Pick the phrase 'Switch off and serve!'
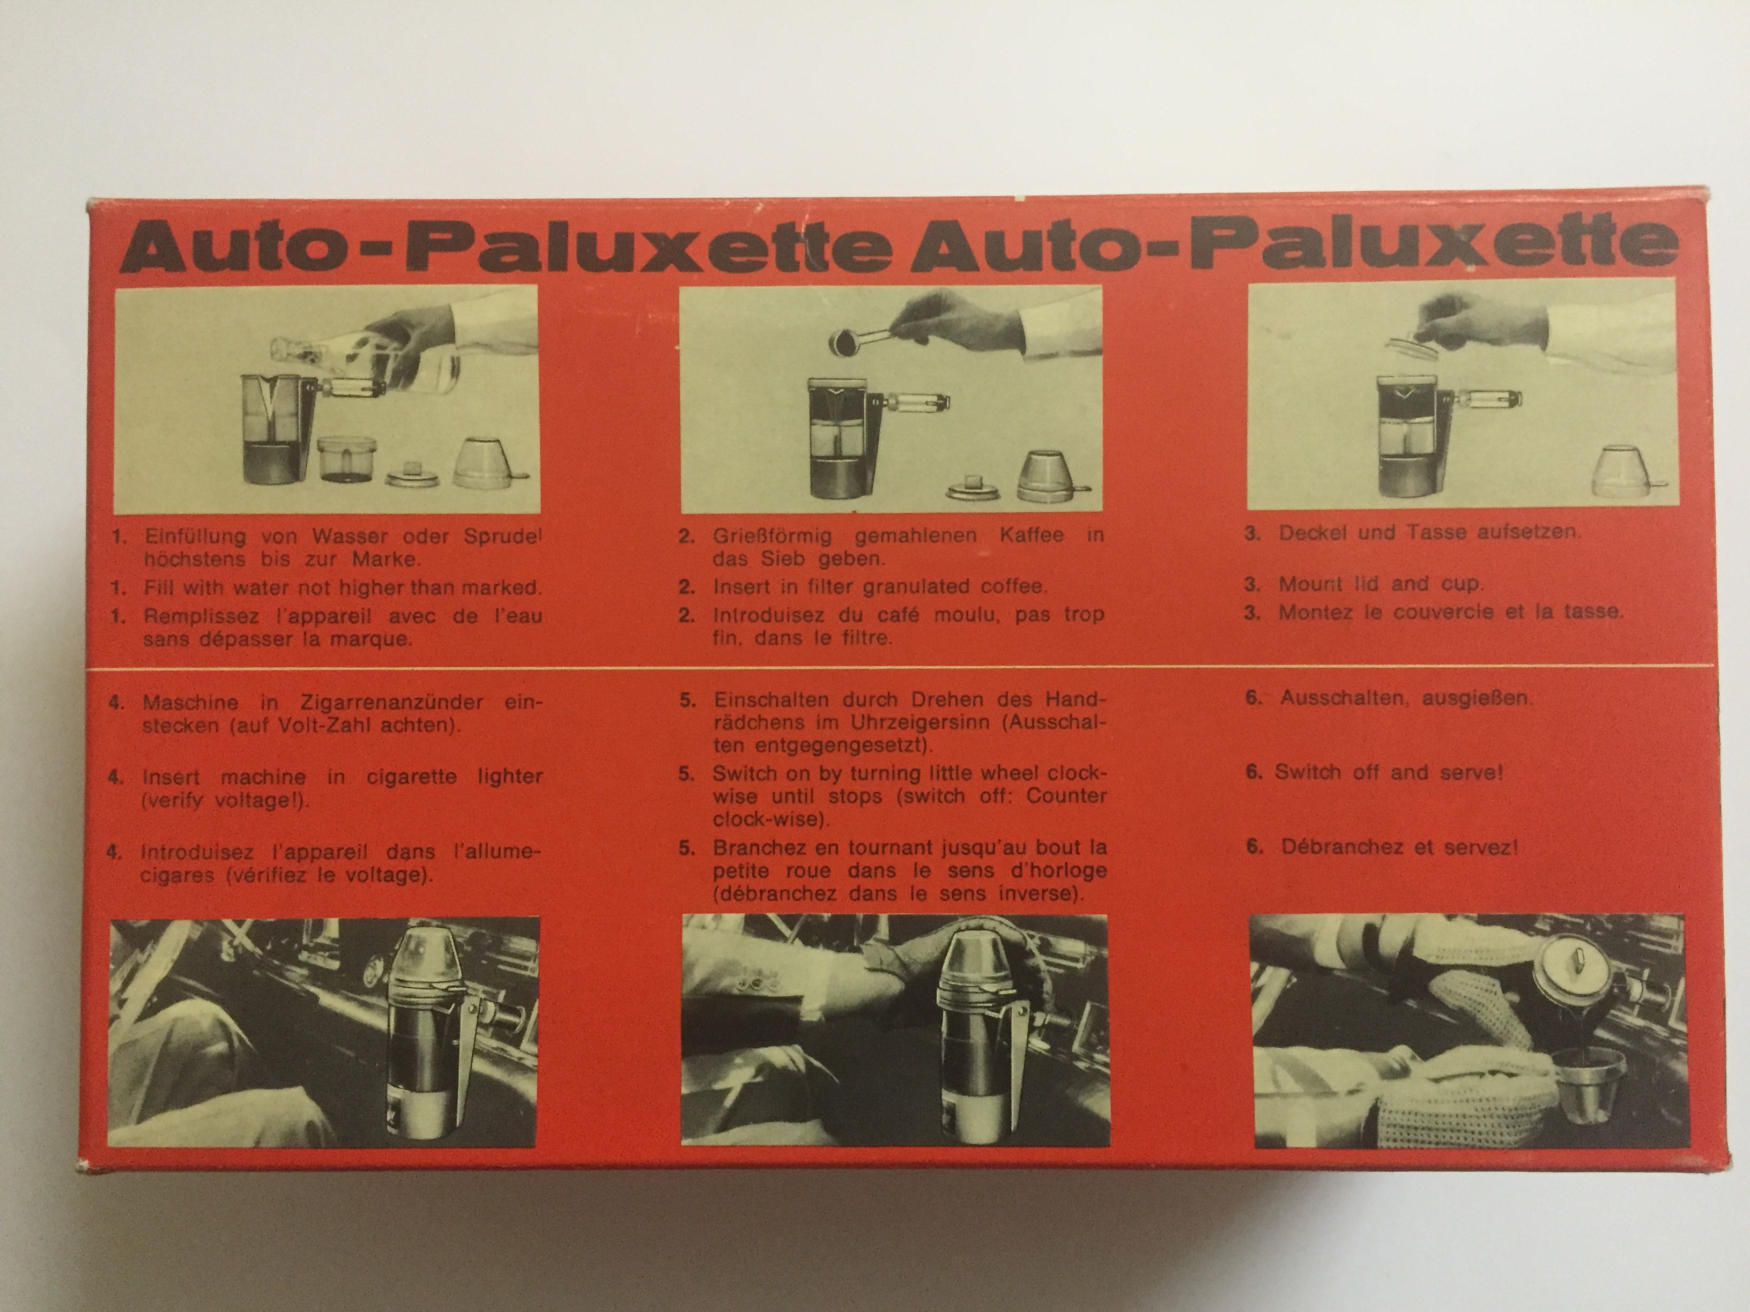tap(1388, 772)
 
